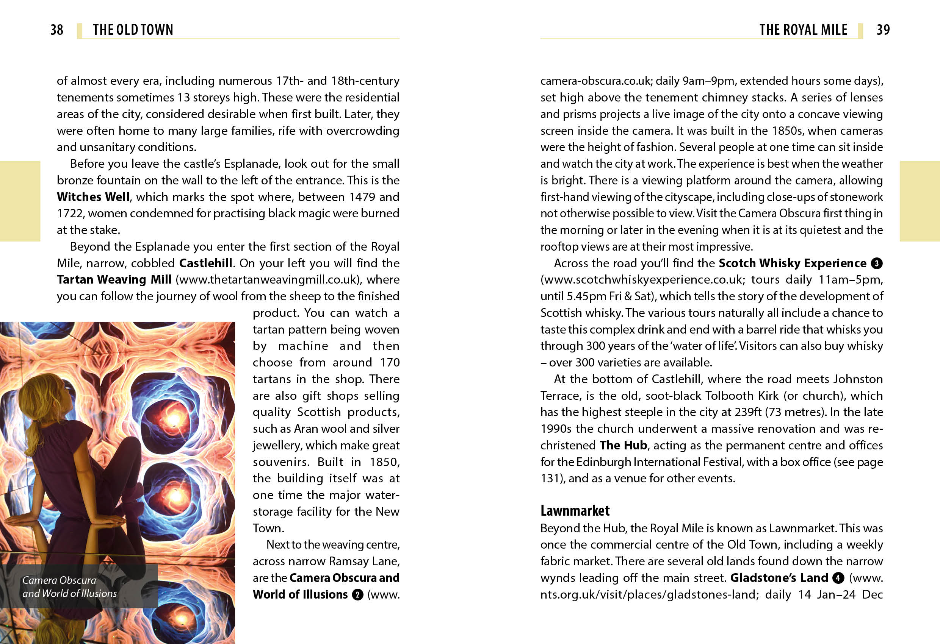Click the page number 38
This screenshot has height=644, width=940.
pyautogui.click(x=56, y=30)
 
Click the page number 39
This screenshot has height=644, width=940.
pyautogui.click(x=883, y=30)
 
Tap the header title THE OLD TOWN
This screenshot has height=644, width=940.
pyautogui.click(x=133, y=30)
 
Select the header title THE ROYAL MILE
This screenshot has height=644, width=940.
pyautogui.click(x=803, y=30)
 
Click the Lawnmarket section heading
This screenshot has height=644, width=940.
pyautogui.click(x=575, y=511)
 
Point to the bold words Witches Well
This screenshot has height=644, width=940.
pyautogui.click(x=93, y=197)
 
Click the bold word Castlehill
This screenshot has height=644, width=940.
pyautogui.click(x=205, y=264)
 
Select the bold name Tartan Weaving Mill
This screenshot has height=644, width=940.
pyautogui.click(x=114, y=279)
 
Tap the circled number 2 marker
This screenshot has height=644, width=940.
pyautogui.click(x=357, y=595)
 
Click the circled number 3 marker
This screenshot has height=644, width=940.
pyautogui.click(x=876, y=264)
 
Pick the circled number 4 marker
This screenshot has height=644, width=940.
pyautogui.click(x=838, y=578)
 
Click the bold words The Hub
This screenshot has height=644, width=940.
pyautogui.click(x=623, y=445)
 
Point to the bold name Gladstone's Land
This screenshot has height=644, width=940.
pyautogui.click(x=779, y=578)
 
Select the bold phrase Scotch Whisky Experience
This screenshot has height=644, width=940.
pyautogui.click(x=792, y=264)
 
